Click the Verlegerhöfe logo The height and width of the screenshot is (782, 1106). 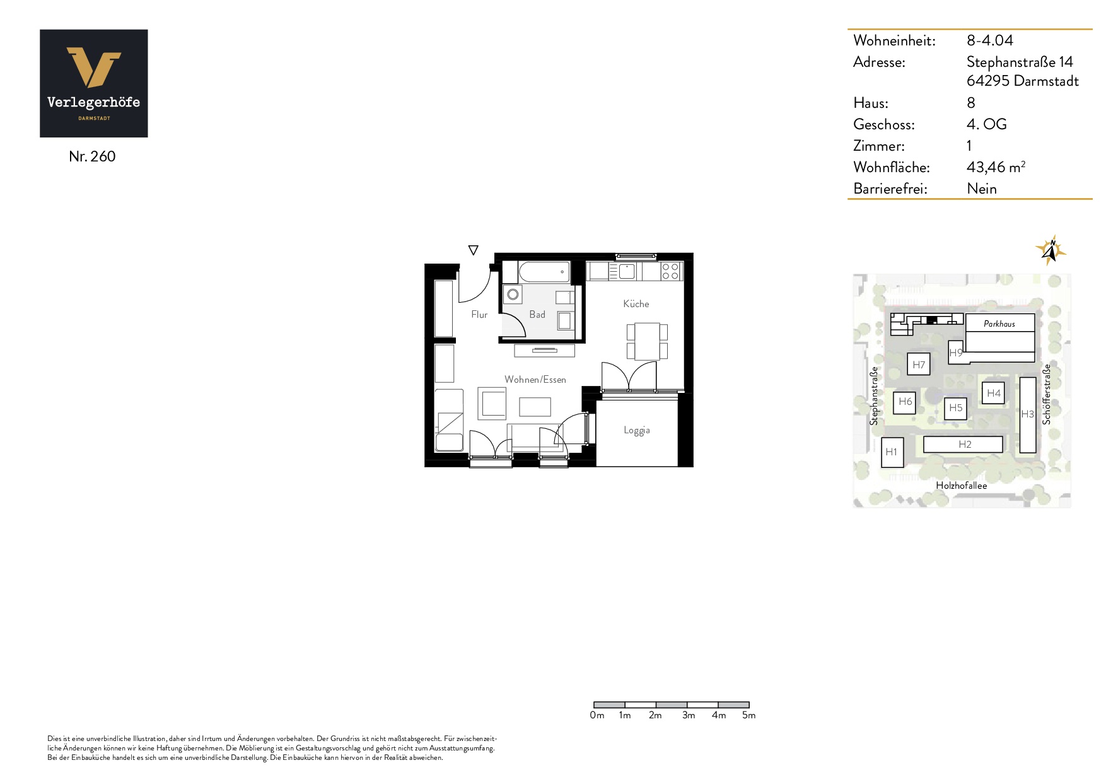tap(94, 83)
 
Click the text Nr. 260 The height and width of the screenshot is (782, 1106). tap(92, 156)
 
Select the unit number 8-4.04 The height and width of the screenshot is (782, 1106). tap(990, 40)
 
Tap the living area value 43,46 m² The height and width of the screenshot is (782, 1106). tap(996, 167)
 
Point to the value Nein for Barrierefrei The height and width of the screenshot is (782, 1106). tap(982, 189)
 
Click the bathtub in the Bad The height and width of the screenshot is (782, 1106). tap(544, 272)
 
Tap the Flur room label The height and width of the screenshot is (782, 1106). tap(479, 315)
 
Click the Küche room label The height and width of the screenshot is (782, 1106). tap(636, 304)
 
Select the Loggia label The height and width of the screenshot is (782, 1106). tap(637, 430)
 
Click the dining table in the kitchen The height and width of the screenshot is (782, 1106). tap(647, 341)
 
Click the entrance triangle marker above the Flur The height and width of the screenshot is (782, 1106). tap(474, 250)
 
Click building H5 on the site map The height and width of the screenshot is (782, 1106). tap(956, 408)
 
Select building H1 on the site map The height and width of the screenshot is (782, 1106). tap(892, 452)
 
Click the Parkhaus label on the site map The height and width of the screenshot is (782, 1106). tap(999, 324)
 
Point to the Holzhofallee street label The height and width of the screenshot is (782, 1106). tap(962, 486)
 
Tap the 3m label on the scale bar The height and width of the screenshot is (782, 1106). tap(689, 715)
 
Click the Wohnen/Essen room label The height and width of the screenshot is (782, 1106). tap(535, 380)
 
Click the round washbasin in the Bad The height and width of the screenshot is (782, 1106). tap(513, 295)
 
